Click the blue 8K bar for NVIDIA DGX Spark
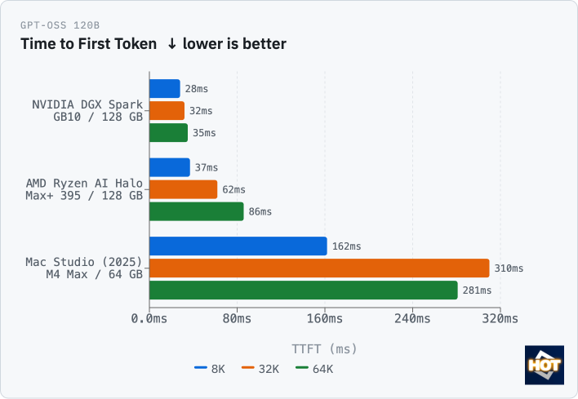[165, 89]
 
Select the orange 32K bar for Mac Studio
[319, 268]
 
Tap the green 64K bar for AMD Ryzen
[197, 211]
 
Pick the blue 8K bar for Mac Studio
[238, 246]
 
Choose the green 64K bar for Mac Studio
[304, 290]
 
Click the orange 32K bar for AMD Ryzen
[183, 189]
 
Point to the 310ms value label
[509, 268]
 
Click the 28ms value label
[197, 89]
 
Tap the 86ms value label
[260, 211]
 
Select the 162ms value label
[346, 246]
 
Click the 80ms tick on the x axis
[237, 318]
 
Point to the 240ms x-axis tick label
[412, 318]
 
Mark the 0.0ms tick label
[149, 318]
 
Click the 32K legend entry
[260, 369]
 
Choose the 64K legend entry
[314, 369]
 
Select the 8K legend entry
[210, 369]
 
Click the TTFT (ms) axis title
[324, 348]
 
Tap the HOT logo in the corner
[545, 365]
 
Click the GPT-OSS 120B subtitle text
[60, 25]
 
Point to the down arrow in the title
[171, 44]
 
